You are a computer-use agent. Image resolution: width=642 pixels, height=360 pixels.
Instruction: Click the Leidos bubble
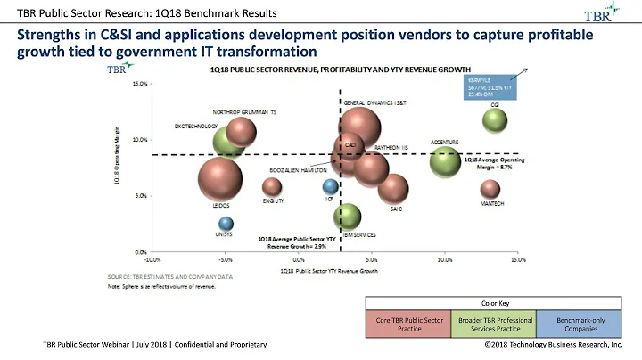click(219, 177)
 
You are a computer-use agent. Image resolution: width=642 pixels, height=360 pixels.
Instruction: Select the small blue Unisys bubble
click(226, 224)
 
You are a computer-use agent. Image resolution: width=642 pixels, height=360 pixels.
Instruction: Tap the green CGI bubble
click(495, 119)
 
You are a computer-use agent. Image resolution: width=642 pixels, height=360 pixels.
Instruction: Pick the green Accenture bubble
click(445, 161)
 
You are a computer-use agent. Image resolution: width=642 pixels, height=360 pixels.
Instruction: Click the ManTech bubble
click(490, 189)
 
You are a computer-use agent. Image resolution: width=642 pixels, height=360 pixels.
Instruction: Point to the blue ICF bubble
click(330, 186)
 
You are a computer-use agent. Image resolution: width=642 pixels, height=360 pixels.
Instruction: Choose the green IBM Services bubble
click(347, 216)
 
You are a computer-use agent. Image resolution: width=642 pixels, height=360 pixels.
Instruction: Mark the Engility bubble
click(272, 186)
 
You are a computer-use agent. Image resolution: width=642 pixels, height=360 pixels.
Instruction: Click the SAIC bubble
click(392, 188)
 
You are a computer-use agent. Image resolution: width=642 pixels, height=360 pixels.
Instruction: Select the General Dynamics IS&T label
click(374, 102)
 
